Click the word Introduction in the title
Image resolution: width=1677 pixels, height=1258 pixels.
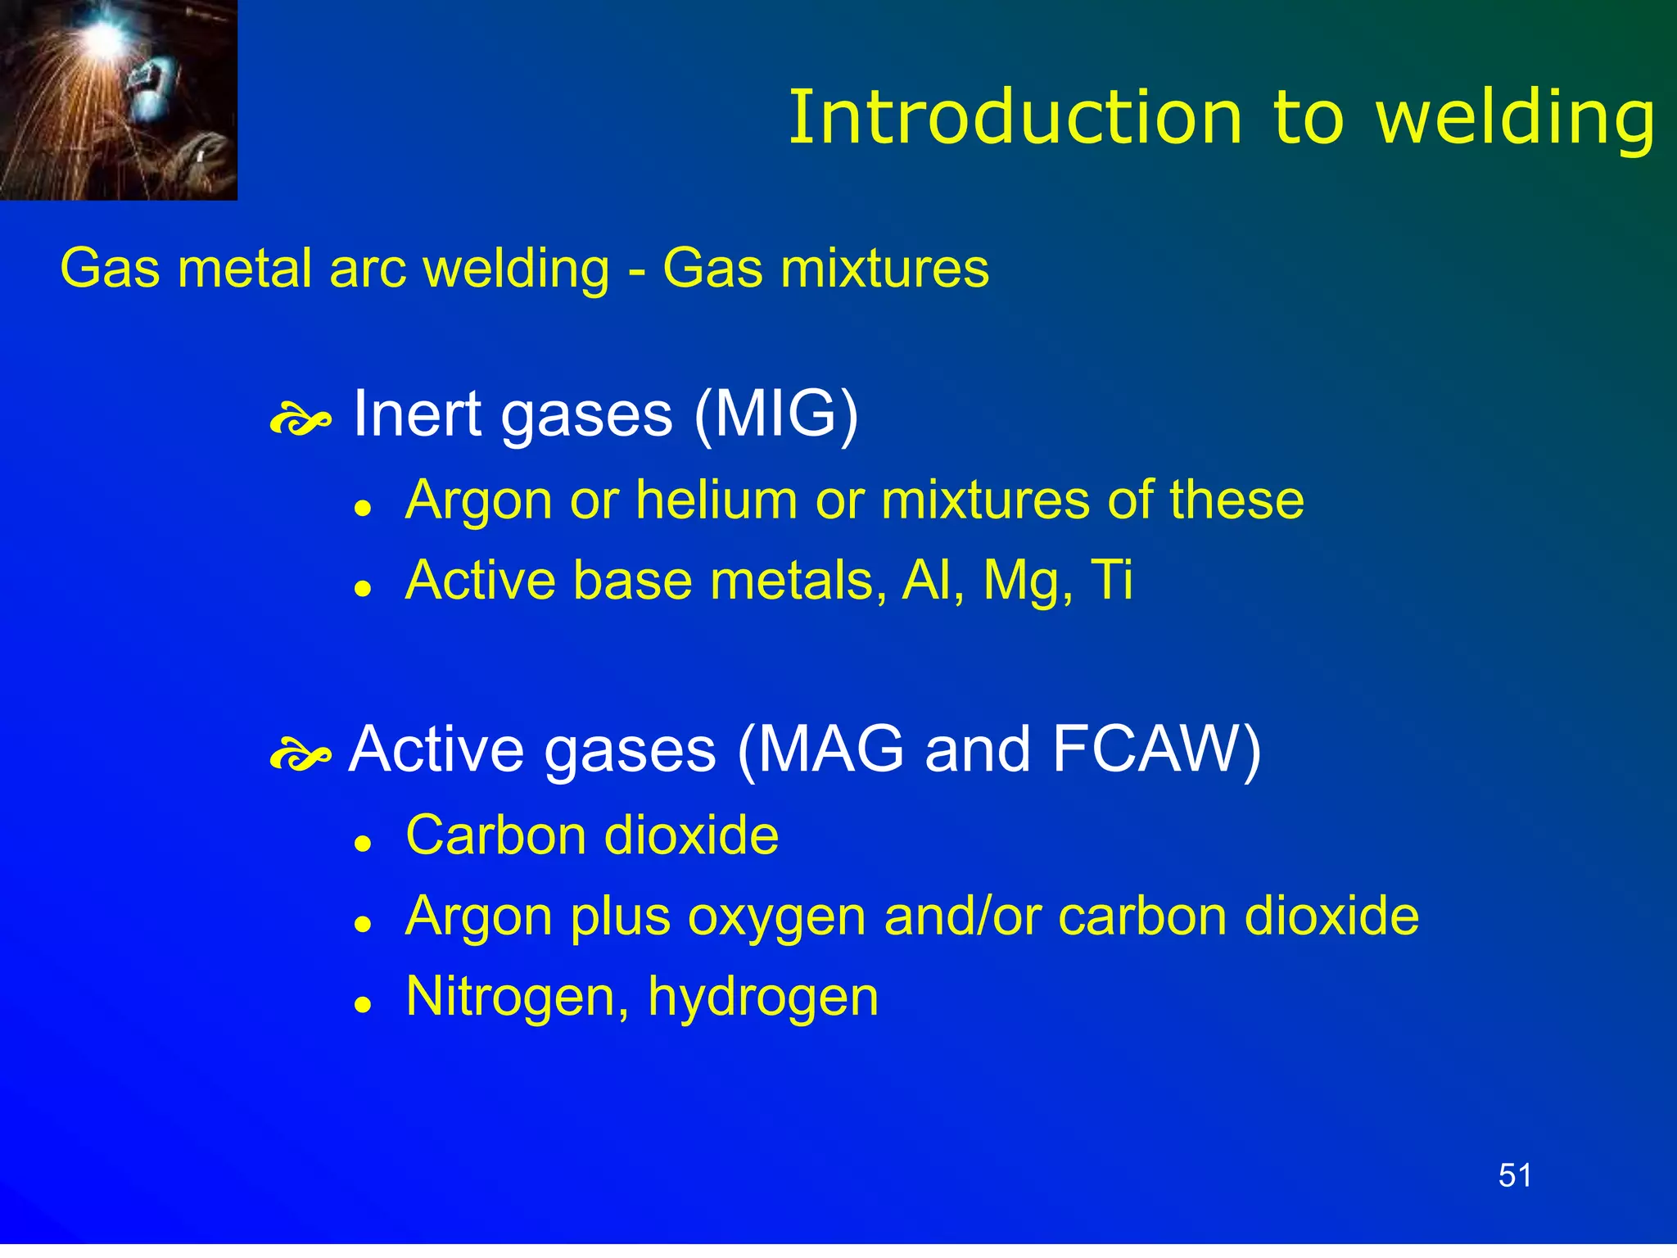[1015, 119]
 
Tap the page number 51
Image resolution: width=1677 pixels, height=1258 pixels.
[1515, 1175]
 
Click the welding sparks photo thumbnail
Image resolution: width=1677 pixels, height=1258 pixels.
[119, 100]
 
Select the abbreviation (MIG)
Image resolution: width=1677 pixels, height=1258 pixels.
[775, 414]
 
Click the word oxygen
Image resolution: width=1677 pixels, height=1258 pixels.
[776, 918]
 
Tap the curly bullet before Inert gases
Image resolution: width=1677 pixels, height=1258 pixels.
[300, 421]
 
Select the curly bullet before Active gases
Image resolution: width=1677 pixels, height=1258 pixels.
[300, 755]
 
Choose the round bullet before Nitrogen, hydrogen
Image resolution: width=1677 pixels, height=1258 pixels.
[363, 1005]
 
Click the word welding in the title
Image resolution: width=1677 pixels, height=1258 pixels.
[1515, 120]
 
